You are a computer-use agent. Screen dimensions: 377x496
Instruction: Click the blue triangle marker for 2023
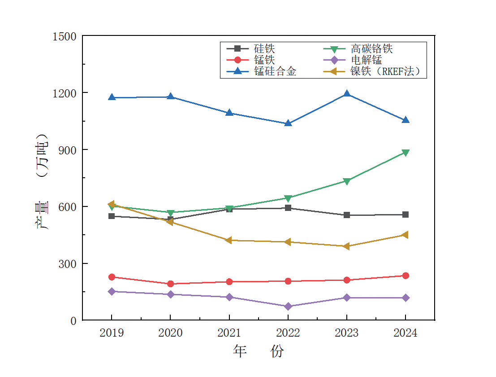pyautogui.click(x=347, y=94)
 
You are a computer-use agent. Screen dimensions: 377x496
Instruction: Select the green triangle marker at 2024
pyautogui.click(x=405, y=153)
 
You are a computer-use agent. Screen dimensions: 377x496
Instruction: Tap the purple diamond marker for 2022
pyautogui.click(x=288, y=307)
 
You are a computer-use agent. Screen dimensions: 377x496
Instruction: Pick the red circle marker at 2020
pyautogui.click(x=171, y=284)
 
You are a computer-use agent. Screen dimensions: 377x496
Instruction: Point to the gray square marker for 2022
pyautogui.click(x=288, y=208)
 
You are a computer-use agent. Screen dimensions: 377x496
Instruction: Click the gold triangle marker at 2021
pyautogui.click(x=229, y=240)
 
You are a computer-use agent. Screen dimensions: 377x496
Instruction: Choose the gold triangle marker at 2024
pyautogui.click(x=405, y=235)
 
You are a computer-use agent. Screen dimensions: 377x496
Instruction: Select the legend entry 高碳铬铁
pyautogui.click(x=372, y=48)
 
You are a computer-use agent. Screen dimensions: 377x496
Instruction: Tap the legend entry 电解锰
pyautogui.click(x=367, y=60)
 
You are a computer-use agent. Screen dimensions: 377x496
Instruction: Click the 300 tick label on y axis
pyautogui.click(x=67, y=263)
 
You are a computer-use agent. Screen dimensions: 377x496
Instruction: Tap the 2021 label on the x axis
pyautogui.click(x=229, y=333)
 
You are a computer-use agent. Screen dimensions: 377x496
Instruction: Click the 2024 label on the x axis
pyautogui.click(x=405, y=333)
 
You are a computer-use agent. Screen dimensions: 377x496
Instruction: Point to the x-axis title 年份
pyautogui.click(x=259, y=351)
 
